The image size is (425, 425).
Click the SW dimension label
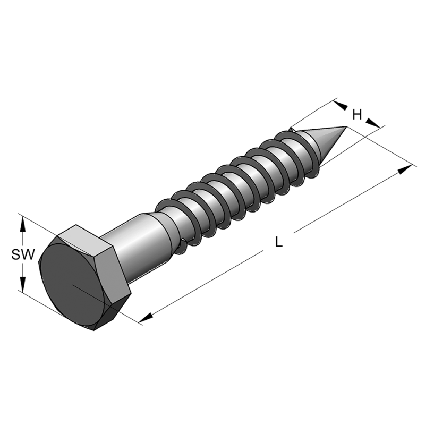(x=23, y=256)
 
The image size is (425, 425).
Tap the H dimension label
(x=357, y=114)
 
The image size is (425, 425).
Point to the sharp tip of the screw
(x=346, y=127)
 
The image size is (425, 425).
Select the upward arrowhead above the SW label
(x=23, y=226)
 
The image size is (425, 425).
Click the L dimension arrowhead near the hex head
(x=146, y=317)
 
